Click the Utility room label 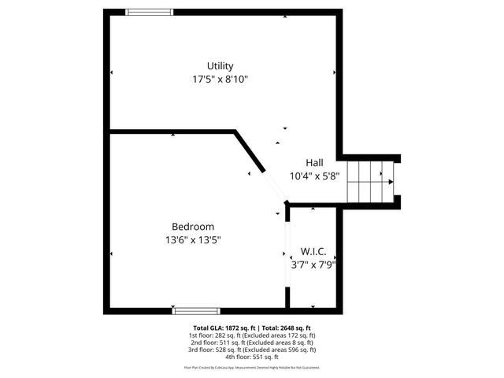(220, 65)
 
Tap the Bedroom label (192, 227)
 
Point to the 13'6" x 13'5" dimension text (192, 240)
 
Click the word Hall (314, 163)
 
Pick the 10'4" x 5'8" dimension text (314, 176)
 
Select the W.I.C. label (313, 252)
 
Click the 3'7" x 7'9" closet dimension (313, 265)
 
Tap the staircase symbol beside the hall (370, 181)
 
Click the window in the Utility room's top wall (150, 12)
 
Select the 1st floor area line (251, 335)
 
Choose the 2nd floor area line (251, 343)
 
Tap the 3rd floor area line (251, 350)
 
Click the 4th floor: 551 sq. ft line (251, 357)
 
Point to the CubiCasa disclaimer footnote (251, 368)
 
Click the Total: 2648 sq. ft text (286, 328)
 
